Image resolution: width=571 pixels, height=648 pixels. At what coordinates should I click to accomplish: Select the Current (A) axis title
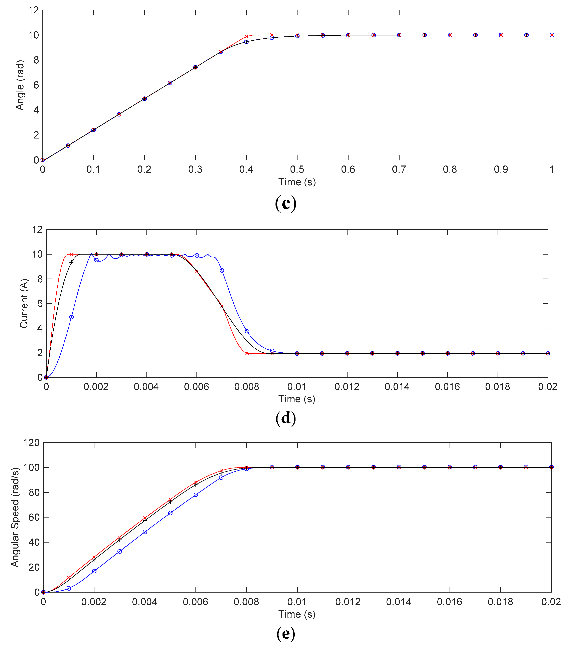(24, 303)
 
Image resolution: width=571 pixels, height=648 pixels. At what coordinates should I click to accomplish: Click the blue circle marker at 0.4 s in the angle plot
(246, 42)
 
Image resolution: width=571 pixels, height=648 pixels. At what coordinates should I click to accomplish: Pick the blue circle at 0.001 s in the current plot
(71, 317)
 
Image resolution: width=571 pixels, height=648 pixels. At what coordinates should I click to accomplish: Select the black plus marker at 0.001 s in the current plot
(71, 263)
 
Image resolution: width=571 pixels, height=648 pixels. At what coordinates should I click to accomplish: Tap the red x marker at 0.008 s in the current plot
(247, 353)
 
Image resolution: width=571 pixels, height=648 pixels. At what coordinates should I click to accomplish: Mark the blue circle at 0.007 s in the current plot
(222, 270)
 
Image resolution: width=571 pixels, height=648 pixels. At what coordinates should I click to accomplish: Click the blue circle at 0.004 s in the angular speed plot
(145, 532)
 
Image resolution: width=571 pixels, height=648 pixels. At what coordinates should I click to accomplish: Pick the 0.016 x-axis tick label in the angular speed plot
(449, 602)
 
